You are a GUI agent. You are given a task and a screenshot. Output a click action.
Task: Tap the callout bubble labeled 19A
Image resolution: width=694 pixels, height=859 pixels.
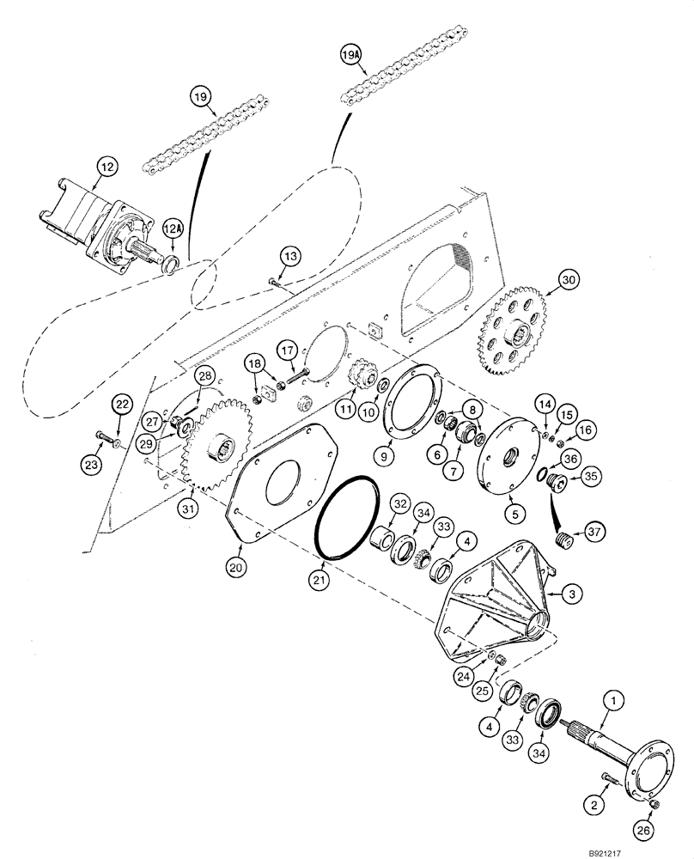[351, 55]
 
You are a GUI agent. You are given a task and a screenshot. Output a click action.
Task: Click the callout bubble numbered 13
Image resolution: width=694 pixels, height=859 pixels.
[290, 256]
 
